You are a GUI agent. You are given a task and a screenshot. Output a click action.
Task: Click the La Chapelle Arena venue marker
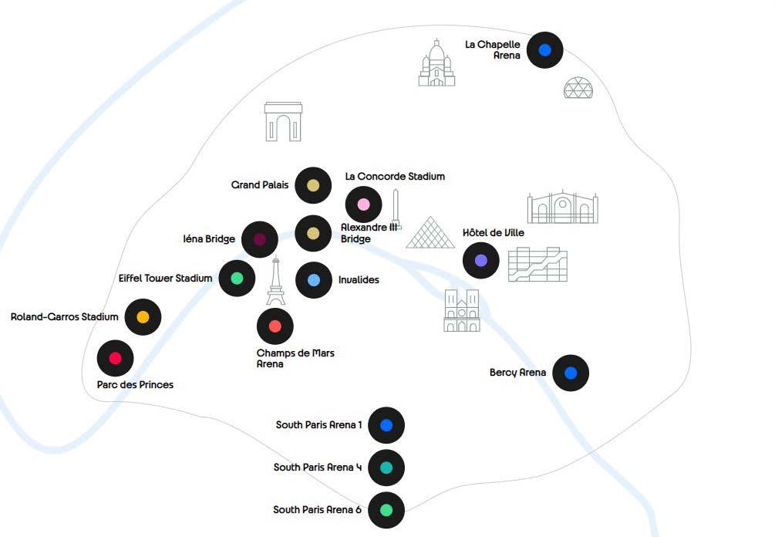(544, 50)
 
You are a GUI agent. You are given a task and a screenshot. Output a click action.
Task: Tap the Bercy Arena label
(517, 373)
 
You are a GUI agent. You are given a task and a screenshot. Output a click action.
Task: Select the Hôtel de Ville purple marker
(480, 261)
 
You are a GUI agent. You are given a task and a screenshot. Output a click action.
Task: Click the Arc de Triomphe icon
(283, 122)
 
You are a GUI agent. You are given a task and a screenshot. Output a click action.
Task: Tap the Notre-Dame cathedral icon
(462, 311)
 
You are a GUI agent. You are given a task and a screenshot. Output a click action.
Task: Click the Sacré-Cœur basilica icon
(436, 63)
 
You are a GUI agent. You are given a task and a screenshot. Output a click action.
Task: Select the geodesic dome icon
(578, 88)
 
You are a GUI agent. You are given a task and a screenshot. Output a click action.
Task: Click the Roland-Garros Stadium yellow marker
(143, 316)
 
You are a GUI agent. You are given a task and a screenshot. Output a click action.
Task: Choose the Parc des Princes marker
(116, 357)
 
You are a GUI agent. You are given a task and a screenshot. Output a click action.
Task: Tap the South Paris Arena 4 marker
(386, 468)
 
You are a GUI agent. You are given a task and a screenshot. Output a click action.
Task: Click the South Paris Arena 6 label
(317, 510)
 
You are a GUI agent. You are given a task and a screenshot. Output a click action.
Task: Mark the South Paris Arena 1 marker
(386, 425)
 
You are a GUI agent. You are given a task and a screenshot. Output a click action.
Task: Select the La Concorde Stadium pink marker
(363, 204)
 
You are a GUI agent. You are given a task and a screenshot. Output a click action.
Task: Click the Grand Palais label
(260, 185)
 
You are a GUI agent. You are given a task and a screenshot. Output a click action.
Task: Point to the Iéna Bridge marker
(260, 239)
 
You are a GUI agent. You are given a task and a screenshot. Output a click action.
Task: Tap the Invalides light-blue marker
(313, 280)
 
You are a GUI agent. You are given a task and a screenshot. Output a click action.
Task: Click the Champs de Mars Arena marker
(275, 326)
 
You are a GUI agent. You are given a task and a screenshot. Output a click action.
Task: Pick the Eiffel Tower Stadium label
(165, 278)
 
